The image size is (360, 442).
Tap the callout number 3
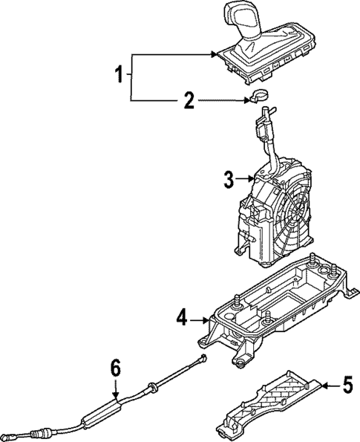[229, 178]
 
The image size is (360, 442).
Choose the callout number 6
[115, 368]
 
